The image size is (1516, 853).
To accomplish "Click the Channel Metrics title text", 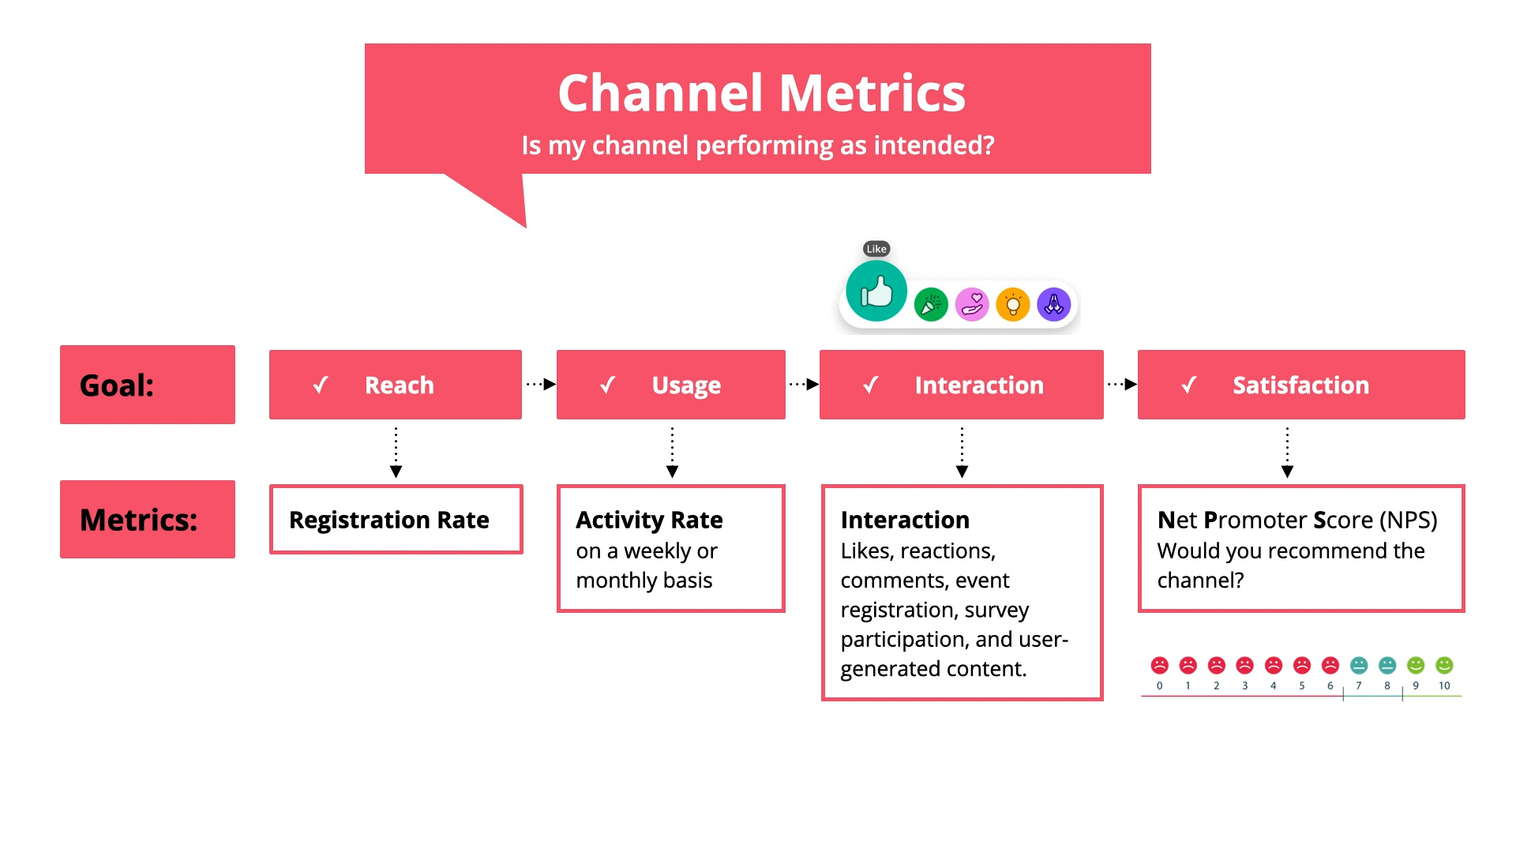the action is point(761,93).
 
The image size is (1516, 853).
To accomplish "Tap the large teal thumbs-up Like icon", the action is point(876,292).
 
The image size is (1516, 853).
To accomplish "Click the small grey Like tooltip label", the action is point(876,249).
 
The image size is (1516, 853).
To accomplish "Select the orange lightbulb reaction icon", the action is point(1013,305).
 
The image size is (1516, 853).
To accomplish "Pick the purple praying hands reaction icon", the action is point(1054,305).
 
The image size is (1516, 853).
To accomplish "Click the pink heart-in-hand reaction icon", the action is point(972,305).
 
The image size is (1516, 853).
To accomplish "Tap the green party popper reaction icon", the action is point(931,305).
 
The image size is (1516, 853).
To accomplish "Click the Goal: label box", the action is point(148,385).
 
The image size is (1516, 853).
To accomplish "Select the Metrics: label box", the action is point(148,520).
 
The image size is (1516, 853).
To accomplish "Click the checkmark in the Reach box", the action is point(321,385).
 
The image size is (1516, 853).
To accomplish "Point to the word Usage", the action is point(686,385).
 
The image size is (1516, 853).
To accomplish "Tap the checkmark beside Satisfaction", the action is point(1189,385).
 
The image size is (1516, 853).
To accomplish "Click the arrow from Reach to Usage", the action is point(541,385).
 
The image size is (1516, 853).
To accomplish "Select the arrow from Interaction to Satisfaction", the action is point(1122,385).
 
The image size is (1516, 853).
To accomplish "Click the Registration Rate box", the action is point(396,520).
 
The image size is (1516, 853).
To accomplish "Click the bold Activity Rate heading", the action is point(649,520).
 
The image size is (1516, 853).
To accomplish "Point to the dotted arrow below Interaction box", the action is point(962,453).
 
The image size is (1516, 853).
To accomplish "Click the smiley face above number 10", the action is point(1444,665).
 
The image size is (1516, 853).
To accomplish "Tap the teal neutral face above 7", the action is point(1359,665).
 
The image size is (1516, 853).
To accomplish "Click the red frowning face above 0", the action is point(1159,665).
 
